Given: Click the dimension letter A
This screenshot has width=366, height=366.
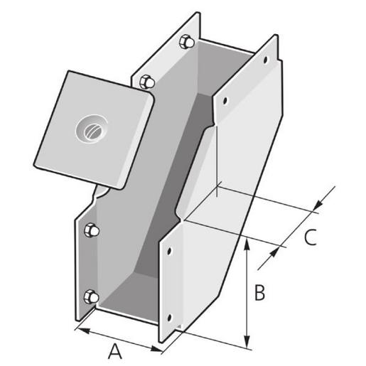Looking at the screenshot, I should pyautogui.click(x=115, y=350).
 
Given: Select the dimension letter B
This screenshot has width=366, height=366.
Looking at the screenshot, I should pyautogui.click(x=260, y=292).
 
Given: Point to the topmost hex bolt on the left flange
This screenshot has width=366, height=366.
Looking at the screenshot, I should pyautogui.click(x=186, y=41).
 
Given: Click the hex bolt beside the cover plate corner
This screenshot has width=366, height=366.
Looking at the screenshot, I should pyautogui.click(x=147, y=81).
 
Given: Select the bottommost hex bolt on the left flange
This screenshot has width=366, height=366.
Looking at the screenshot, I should pyautogui.click(x=91, y=297).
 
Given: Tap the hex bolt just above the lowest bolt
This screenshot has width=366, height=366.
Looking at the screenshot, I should pyautogui.click(x=91, y=230).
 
